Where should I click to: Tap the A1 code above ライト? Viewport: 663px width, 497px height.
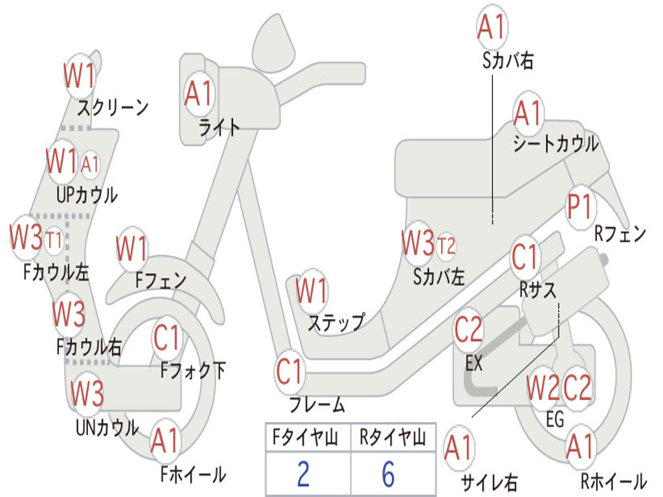point(199,94)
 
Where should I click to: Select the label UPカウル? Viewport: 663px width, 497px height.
point(87,194)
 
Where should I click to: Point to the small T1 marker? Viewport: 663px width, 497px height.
point(54,241)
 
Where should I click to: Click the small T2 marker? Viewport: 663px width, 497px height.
point(446,245)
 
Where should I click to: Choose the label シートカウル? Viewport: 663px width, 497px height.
point(556,144)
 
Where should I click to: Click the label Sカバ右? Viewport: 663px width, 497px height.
point(508,60)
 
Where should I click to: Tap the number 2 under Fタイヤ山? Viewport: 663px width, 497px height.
point(303,474)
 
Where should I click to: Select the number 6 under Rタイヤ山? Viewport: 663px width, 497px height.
point(388,474)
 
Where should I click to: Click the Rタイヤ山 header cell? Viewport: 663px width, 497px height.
point(392,439)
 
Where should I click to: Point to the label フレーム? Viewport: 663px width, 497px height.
point(317,406)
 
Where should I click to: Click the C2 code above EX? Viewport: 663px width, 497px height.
point(468,331)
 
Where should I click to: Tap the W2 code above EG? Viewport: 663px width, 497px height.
point(543,388)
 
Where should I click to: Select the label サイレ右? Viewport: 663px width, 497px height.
point(489,482)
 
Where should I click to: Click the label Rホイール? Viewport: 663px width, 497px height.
point(613,481)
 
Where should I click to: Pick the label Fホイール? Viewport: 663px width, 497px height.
point(193,474)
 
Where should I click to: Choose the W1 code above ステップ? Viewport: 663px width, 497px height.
point(311,292)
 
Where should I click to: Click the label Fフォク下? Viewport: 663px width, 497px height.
point(193,370)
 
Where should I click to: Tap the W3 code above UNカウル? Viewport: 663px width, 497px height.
point(87,393)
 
